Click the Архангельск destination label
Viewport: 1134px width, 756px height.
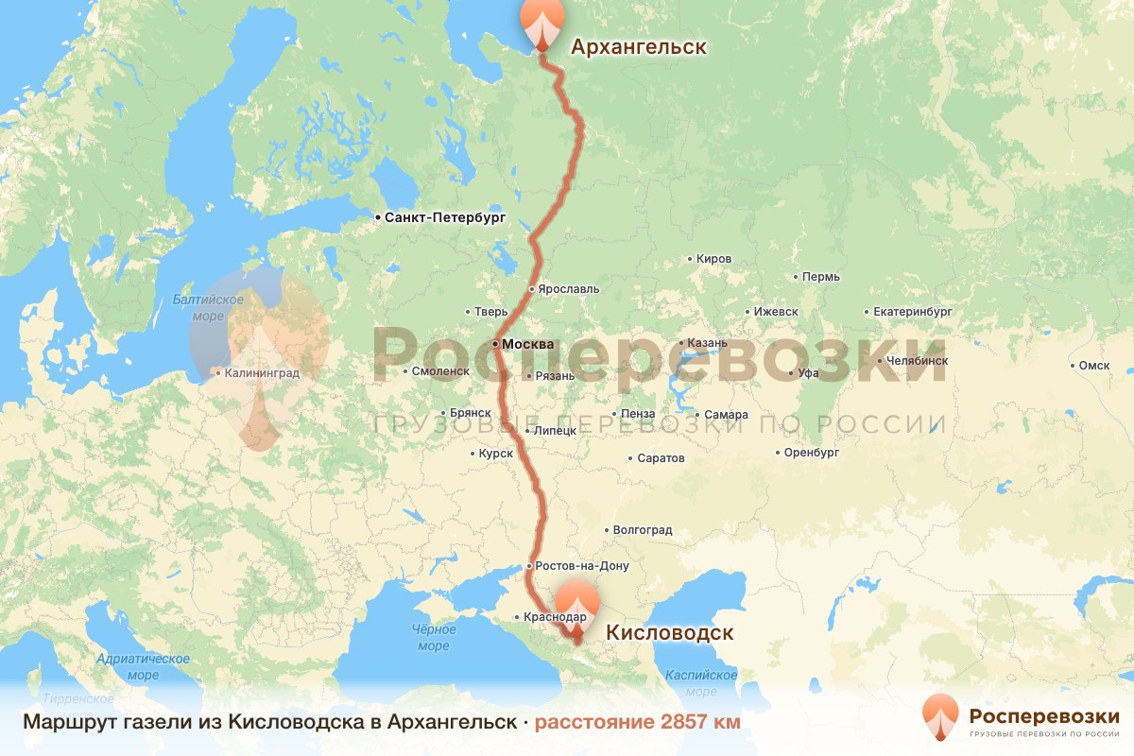(x=638, y=46)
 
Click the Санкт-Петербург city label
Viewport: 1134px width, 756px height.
(x=445, y=217)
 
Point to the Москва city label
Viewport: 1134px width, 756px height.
(x=527, y=344)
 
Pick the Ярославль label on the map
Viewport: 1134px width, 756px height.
(x=568, y=288)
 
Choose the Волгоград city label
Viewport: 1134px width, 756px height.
(x=643, y=530)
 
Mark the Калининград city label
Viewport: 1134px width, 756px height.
(x=260, y=373)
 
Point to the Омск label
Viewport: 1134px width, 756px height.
(x=1093, y=365)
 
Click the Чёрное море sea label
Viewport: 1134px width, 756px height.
(x=434, y=638)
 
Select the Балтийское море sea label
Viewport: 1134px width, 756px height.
(x=208, y=308)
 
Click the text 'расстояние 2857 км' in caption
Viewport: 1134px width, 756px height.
(x=638, y=722)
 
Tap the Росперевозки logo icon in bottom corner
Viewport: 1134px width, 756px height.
(x=938, y=716)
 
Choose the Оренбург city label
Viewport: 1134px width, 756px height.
(x=812, y=453)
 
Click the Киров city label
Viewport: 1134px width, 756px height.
(x=713, y=258)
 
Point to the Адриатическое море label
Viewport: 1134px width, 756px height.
(x=144, y=667)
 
